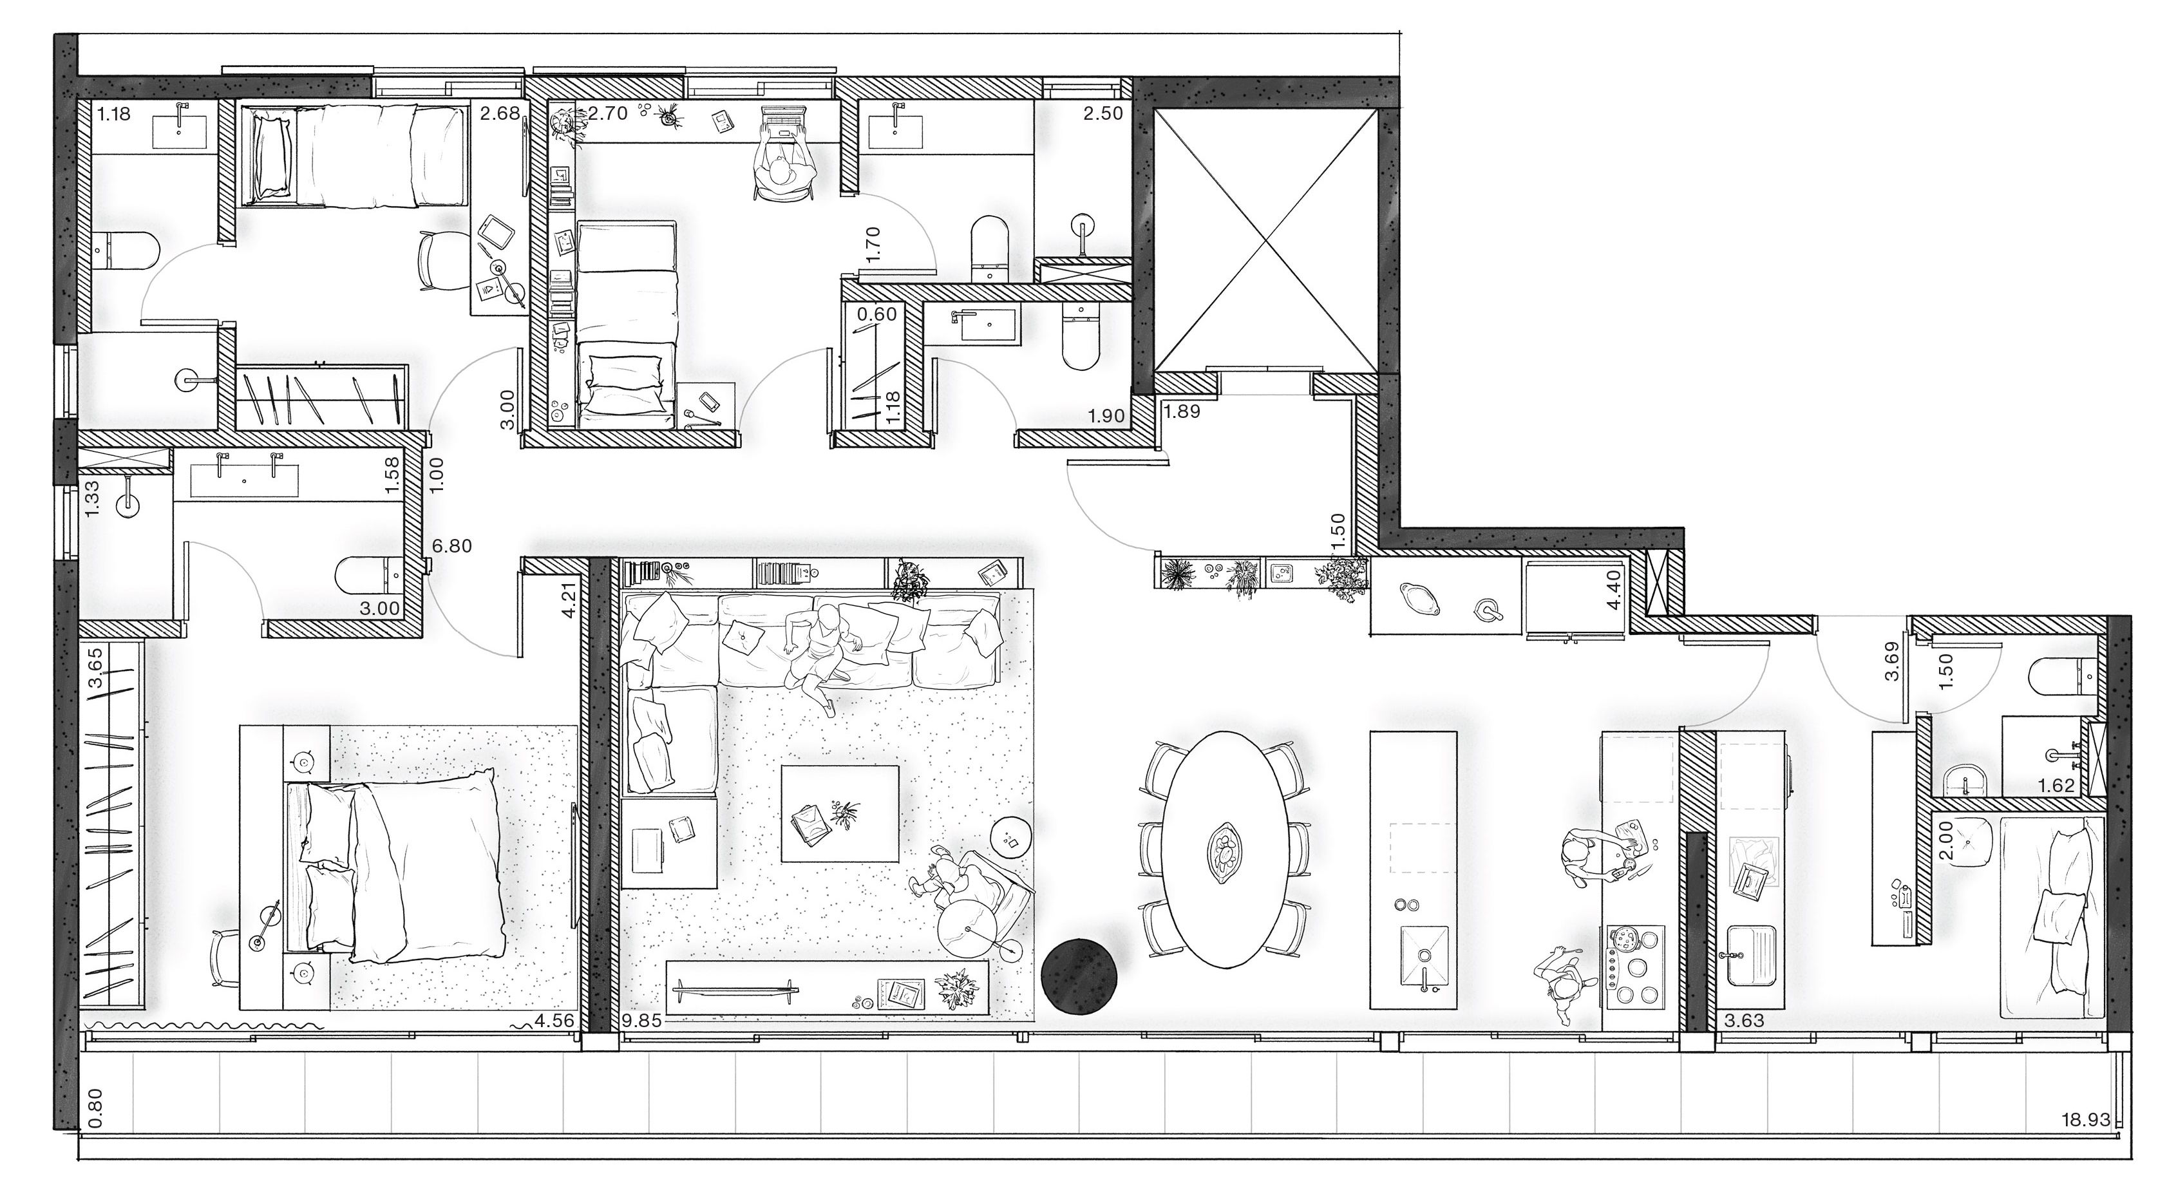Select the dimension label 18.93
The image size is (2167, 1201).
coord(2103,1144)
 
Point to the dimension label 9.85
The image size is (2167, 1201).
coord(643,1022)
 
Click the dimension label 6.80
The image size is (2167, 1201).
coord(451,546)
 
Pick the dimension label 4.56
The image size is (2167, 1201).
coord(554,1022)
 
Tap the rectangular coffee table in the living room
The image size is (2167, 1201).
coord(840,813)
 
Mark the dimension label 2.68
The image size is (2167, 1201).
coord(500,113)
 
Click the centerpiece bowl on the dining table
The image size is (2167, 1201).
coord(1225,853)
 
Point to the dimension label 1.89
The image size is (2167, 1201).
coord(1182,411)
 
